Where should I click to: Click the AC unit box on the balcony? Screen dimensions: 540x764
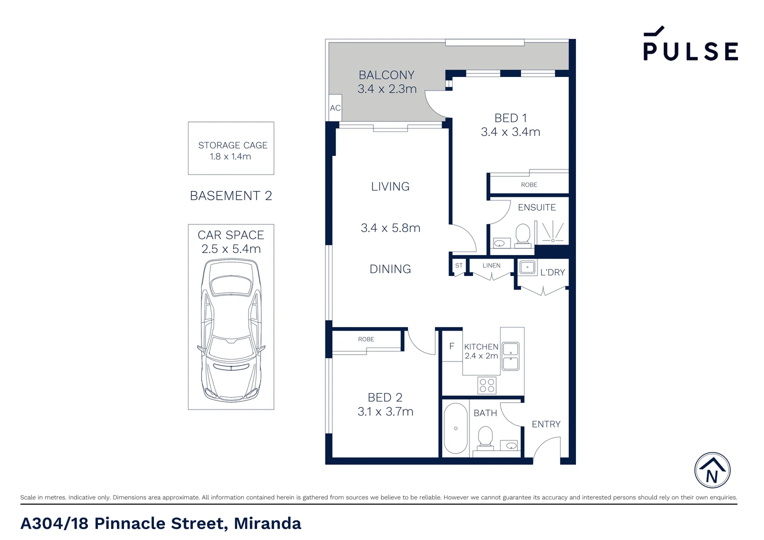(x=335, y=107)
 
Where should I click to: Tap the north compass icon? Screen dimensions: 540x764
(x=712, y=470)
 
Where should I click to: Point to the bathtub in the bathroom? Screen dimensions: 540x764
(x=455, y=428)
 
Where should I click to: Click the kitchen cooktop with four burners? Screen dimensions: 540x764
(x=487, y=385)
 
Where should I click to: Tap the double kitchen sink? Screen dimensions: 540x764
(x=510, y=356)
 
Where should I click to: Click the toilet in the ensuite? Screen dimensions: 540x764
(x=523, y=236)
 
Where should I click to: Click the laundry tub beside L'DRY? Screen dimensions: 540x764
(x=527, y=267)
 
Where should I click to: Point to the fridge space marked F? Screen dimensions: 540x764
(x=451, y=346)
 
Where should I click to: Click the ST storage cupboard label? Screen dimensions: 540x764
(x=458, y=265)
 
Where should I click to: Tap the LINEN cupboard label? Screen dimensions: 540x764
(x=491, y=265)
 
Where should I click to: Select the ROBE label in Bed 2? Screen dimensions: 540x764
(x=366, y=339)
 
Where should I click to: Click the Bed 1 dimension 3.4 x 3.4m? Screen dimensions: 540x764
(x=510, y=132)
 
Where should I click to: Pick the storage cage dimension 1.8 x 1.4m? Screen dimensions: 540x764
(x=230, y=156)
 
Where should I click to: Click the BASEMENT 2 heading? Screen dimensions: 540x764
(x=231, y=196)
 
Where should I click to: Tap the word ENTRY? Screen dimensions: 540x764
(x=546, y=424)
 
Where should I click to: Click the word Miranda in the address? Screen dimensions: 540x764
(x=267, y=523)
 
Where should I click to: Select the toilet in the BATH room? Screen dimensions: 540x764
(x=485, y=437)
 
